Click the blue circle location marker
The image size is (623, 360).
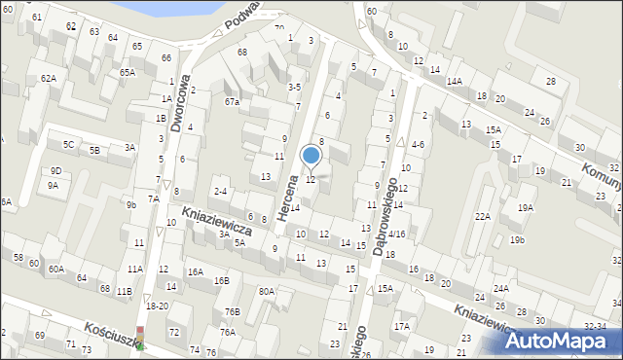click(311, 155)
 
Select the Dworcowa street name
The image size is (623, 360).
click(178, 105)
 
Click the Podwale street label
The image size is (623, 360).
click(242, 13)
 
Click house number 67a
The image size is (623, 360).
click(232, 101)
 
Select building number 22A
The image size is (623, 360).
click(482, 216)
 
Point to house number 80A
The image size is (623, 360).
click(266, 291)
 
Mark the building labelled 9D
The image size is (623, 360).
click(55, 170)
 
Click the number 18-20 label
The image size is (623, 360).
click(157, 306)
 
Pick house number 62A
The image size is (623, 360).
click(48, 78)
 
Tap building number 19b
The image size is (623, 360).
click(516, 239)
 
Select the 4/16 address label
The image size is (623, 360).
click(396, 234)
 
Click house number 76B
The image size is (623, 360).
click(232, 311)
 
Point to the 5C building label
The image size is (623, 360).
click(68, 145)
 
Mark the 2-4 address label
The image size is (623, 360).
click(220, 192)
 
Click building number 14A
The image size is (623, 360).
click(454, 82)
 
